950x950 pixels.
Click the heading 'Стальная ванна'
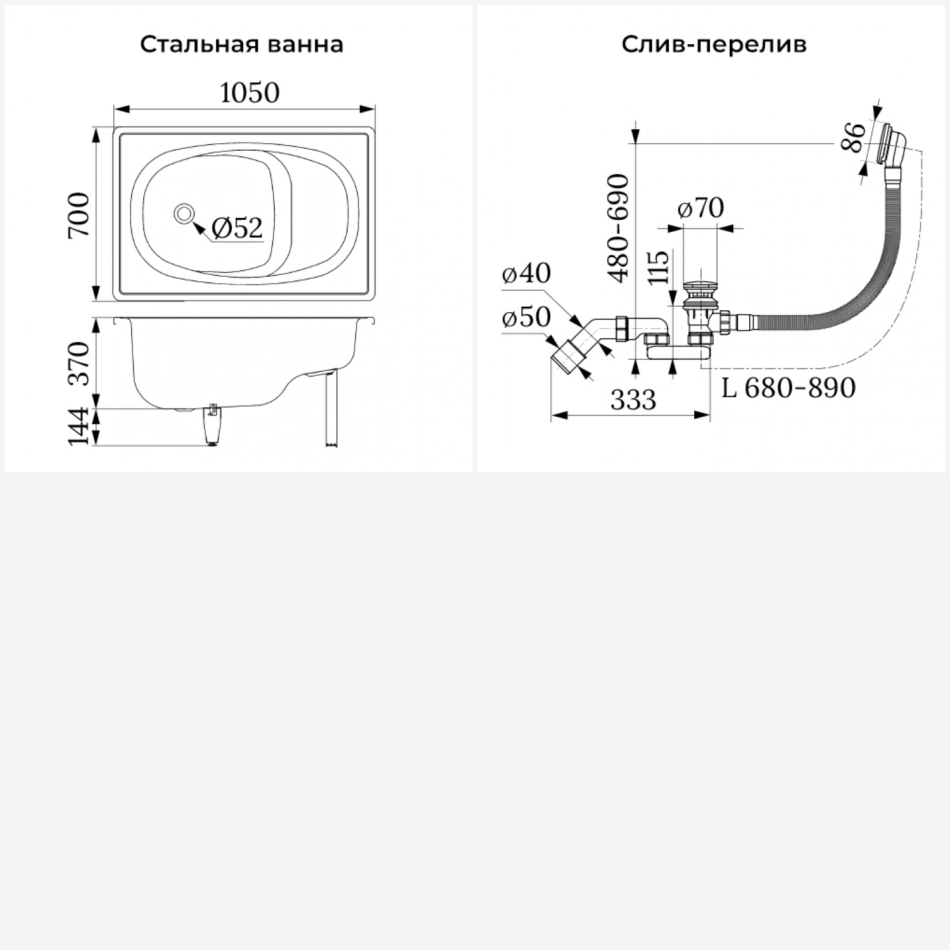pyautogui.click(x=241, y=45)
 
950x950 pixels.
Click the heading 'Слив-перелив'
pyautogui.click(x=714, y=45)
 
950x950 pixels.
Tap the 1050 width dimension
pyautogui.click(x=250, y=94)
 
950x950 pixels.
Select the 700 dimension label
pyautogui.click(x=80, y=215)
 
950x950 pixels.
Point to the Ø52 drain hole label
pyautogui.click(x=236, y=228)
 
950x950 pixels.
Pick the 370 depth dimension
pyautogui.click(x=80, y=364)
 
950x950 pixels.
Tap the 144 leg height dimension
pyautogui.click(x=80, y=427)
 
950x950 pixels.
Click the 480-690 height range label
pyautogui.click(x=618, y=228)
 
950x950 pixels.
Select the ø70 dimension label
pyautogui.click(x=700, y=208)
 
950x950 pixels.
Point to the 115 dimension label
pyautogui.click(x=659, y=269)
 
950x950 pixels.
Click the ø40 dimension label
pyautogui.click(x=526, y=274)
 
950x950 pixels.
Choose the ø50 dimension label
pyautogui.click(x=526, y=317)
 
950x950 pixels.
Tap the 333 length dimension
pyautogui.click(x=633, y=400)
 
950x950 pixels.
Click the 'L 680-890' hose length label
pyautogui.click(x=788, y=388)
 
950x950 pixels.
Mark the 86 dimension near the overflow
pyautogui.click(x=854, y=137)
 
